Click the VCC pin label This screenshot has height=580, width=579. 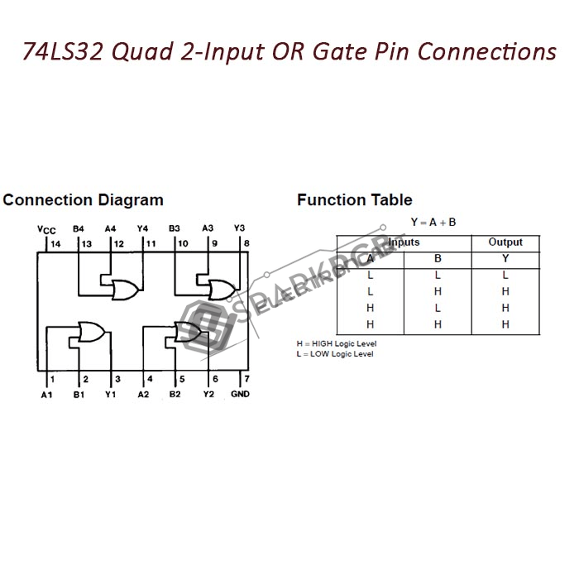pyautogui.click(x=46, y=230)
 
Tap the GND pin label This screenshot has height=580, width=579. pyautogui.click(x=240, y=394)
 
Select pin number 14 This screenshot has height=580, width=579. pyautogui.click(x=55, y=244)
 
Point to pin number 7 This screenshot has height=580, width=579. pyautogui.click(x=246, y=379)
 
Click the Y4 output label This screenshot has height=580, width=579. pyautogui.click(x=142, y=228)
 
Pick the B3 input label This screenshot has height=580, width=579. pyautogui.click(x=175, y=228)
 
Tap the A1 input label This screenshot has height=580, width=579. pyautogui.click(x=46, y=394)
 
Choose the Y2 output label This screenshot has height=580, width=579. pyautogui.click(x=208, y=394)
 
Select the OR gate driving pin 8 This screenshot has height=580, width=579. pyautogui.click(x=221, y=289)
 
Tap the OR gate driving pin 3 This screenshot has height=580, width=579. pyautogui.click(x=89, y=333)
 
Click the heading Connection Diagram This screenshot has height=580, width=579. pyautogui.click(x=84, y=200)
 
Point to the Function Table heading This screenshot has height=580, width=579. pyautogui.click(x=354, y=200)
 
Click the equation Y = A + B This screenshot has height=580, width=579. pyautogui.click(x=433, y=222)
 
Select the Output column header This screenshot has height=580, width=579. pyautogui.click(x=505, y=242)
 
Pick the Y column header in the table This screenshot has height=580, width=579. pyautogui.click(x=505, y=259)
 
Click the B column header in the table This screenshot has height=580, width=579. pyautogui.click(x=438, y=259)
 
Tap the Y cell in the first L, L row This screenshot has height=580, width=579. pyautogui.click(x=505, y=276)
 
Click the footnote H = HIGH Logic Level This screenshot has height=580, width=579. pyautogui.click(x=336, y=343)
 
